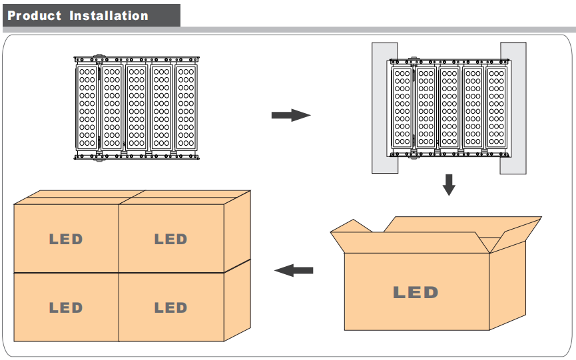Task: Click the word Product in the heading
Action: point(34,15)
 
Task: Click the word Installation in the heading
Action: point(109,15)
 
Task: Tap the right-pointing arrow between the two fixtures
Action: point(291,115)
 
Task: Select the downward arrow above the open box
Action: point(449,185)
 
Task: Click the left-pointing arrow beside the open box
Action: point(294,270)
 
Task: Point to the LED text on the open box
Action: point(416,293)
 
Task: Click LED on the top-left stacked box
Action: point(66,240)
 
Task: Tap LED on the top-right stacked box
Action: point(171,240)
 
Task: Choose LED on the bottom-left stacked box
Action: point(66,307)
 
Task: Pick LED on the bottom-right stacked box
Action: point(171,307)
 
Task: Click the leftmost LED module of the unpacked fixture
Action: point(87,108)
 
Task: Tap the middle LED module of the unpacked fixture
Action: point(137,108)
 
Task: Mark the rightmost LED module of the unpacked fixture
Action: point(186,108)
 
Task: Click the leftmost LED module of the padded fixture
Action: point(402,108)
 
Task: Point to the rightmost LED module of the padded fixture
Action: point(497,108)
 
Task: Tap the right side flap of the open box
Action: point(516,235)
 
